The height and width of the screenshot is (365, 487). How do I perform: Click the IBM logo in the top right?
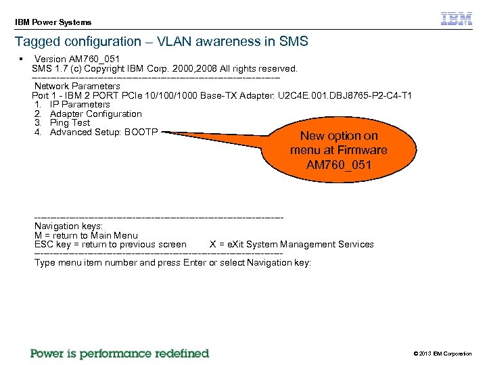click(457, 19)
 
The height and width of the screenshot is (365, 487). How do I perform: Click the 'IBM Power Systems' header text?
click(53, 22)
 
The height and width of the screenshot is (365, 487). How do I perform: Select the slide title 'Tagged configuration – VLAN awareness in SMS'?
click(161, 42)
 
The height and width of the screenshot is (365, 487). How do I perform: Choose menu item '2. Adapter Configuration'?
click(87, 114)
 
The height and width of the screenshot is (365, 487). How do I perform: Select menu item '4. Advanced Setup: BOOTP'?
click(95, 132)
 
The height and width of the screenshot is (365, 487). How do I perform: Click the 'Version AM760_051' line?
click(77, 59)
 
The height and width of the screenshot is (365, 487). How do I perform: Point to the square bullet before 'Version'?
click(22, 59)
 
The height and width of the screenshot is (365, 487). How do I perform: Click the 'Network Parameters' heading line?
click(77, 87)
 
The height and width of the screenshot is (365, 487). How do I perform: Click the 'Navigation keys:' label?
click(68, 226)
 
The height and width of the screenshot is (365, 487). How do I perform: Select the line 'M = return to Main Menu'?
click(86, 235)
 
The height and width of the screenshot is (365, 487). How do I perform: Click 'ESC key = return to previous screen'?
click(110, 245)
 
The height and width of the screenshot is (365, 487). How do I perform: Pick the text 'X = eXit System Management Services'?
click(292, 245)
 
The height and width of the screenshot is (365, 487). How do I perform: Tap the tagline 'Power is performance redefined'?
click(120, 354)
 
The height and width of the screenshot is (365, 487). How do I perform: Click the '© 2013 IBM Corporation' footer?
click(442, 354)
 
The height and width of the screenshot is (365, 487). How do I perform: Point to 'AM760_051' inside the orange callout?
click(338, 165)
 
